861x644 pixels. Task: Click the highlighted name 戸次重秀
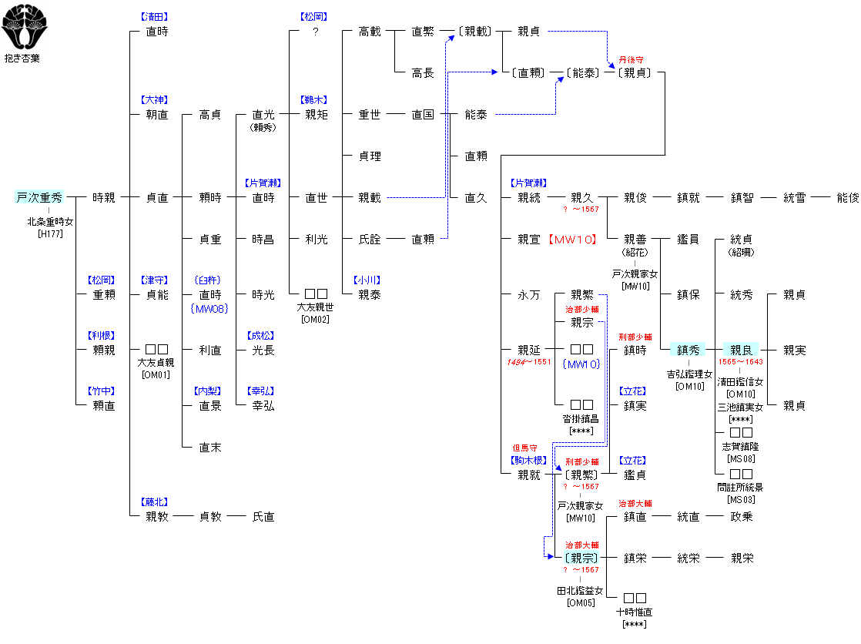[x=39, y=197]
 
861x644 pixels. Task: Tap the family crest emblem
[x=24, y=26]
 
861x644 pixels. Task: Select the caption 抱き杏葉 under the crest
[x=22, y=59]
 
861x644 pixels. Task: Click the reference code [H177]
[x=50, y=233]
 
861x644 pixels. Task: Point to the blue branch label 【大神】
[x=155, y=100]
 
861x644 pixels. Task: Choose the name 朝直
[x=157, y=115]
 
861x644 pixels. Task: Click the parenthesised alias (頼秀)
[x=263, y=127]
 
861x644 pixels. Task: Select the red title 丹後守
[x=631, y=60]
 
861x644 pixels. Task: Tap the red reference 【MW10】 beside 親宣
[x=573, y=240]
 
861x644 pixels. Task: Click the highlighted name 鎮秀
[x=688, y=350]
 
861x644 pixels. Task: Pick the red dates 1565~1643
[x=741, y=362]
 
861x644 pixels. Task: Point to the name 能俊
[x=848, y=198]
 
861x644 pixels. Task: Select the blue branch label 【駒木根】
[x=529, y=461]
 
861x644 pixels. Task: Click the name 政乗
[x=742, y=517]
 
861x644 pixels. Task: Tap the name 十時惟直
[x=635, y=612]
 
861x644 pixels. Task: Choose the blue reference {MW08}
[x=209, y=309]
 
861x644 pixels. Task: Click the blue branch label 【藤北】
[x=155, y=502]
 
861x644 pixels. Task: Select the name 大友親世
[x=315, y=307]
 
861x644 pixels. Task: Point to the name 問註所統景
[x=740, y=488]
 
